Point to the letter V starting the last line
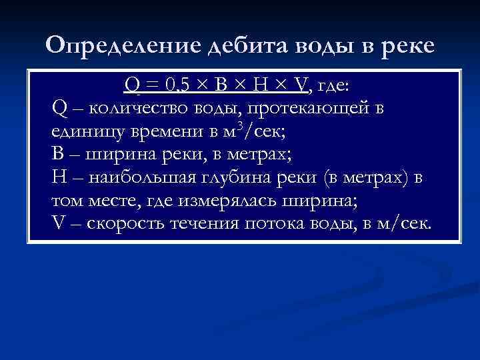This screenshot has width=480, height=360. (x=57, y=224)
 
